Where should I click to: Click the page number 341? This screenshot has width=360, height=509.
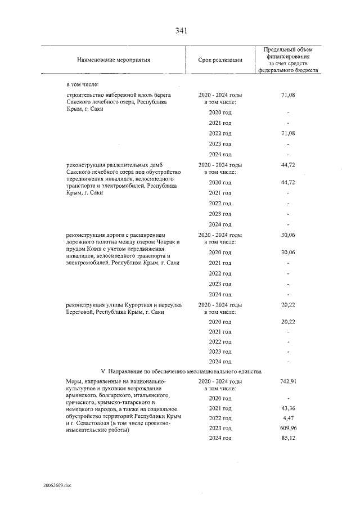click(180, 30)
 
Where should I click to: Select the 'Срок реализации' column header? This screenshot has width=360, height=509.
click(220, 60)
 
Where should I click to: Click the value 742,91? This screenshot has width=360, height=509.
click(287, 381)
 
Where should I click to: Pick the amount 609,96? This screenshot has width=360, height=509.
click(287, 428)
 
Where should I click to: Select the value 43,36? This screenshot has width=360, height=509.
click(287, 408)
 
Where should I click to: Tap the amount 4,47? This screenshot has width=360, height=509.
click(287, 418)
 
